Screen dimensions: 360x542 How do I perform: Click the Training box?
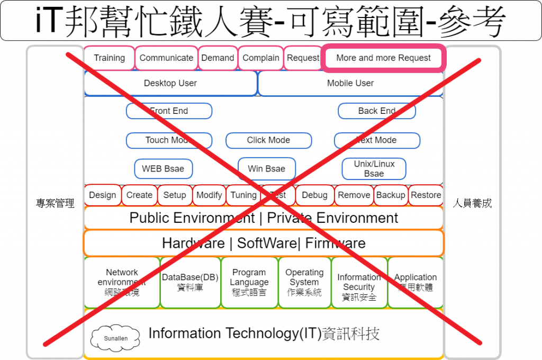tap(109, 58)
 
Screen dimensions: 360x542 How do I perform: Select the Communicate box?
tap(166, 58)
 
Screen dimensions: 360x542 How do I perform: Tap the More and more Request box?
tap(383, 58)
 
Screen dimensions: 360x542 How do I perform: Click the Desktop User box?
tap(170, 83)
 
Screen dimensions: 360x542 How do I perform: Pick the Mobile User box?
tap(350, 83)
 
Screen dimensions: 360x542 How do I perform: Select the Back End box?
tap(376, 111)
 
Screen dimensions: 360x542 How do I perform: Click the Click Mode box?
tap(268, 140)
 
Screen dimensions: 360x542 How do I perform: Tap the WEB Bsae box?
tap(163, 169)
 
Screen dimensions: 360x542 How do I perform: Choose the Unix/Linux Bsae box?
tap(374, 169)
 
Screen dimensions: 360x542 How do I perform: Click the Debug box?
tap(314, 195)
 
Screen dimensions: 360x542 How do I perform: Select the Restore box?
tap(426, 195)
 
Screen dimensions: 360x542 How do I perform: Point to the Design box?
tap(103, 195)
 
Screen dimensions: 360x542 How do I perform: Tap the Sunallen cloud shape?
tap(115, 337)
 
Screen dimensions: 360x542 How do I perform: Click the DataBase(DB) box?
tap(190, 282)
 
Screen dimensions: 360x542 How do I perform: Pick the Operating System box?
tap(304, 282)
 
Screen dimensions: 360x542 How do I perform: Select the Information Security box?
tap(359, 282)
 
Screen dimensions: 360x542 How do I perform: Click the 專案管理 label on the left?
tap(55, 203)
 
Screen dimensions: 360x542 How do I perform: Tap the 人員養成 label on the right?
tap(472, 203)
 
